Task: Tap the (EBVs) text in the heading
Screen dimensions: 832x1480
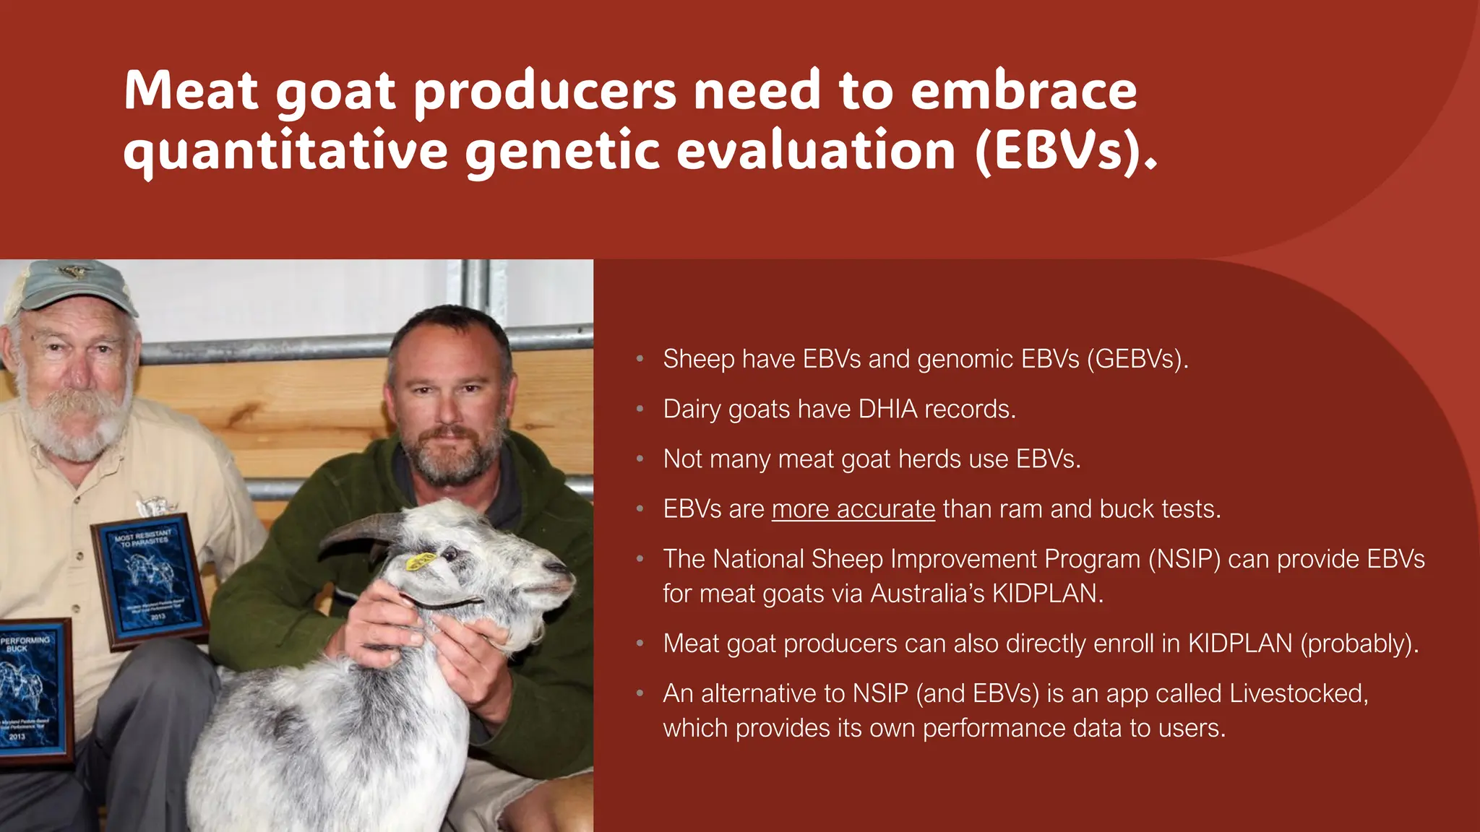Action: (x=1065, y=151)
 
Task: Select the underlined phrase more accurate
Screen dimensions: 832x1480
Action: (x=853, y=509)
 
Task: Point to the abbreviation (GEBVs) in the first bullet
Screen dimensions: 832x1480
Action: (x=1137, y=359)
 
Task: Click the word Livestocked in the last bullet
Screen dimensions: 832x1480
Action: (x=1298, y=693)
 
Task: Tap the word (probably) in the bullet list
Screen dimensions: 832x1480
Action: (x=1359, y=643)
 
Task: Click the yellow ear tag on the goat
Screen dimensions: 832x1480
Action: (x=421, y=561)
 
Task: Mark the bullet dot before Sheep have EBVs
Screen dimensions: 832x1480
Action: (x=640, y=359)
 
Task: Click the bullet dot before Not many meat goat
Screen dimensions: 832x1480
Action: (x=640, y=459)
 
